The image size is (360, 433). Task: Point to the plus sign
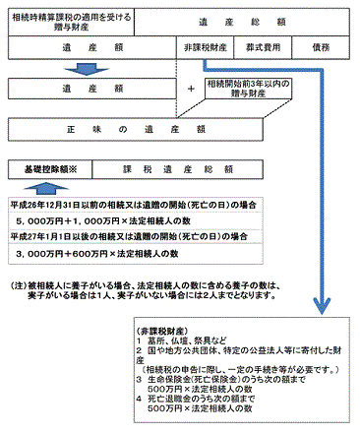[190, 89]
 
